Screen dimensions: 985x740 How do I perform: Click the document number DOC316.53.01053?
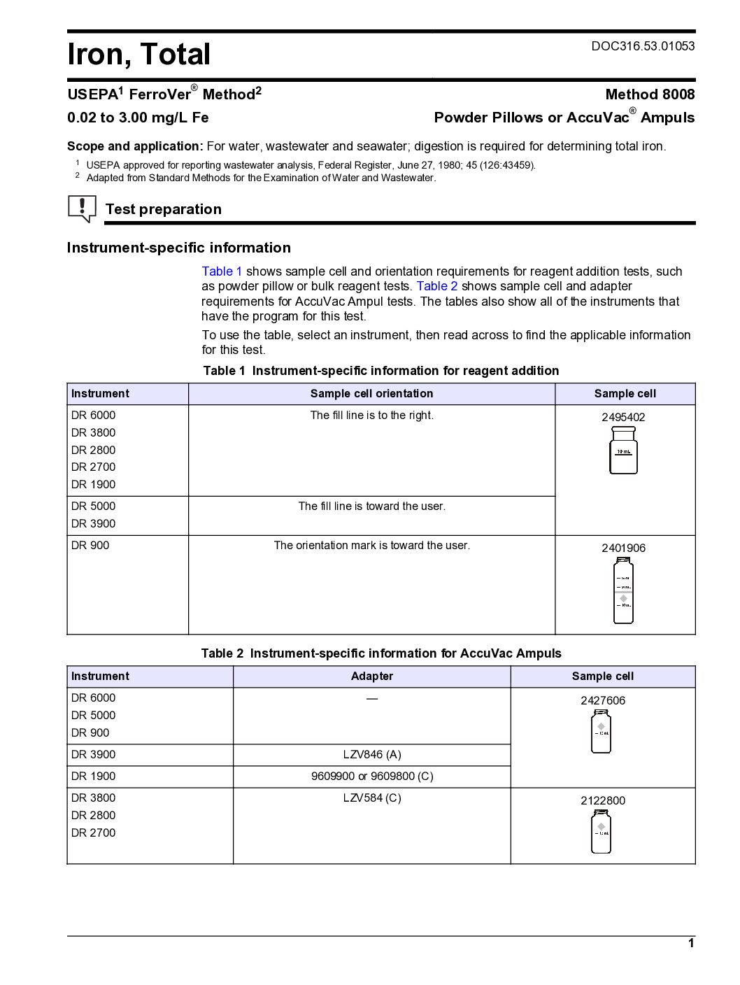tap(643, 46)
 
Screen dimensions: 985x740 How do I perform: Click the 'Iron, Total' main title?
tap(138, 55)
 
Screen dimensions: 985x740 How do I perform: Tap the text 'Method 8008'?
tap(650, 94)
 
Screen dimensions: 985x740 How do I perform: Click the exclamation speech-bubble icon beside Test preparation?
tap(82, 208)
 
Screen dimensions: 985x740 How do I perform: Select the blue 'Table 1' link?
tap(222, 271)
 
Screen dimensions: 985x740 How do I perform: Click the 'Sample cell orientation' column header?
tap(371, 394)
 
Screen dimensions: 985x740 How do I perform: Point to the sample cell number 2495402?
tap(623, 417)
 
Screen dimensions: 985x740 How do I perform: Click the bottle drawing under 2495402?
tap(623, 451)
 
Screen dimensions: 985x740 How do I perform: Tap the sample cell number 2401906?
tap(623, 548)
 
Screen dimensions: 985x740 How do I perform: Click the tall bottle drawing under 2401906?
tap(623, 590)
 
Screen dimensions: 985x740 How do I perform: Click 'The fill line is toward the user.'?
tap(371, 506)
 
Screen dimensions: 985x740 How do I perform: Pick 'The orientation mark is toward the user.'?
tap(371, 546)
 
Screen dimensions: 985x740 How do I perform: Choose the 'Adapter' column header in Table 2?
tap(371, 676)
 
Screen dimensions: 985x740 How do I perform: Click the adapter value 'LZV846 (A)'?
tap(371, 755)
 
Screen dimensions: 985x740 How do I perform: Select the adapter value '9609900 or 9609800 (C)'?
tap(371, 777)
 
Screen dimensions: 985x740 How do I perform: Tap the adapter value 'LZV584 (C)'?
tap(371, 798)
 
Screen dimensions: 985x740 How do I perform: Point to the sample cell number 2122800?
tap(602, 801)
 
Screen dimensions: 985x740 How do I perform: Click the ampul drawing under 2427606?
tap(601, 732)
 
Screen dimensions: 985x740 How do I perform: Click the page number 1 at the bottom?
tap(691, 943)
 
